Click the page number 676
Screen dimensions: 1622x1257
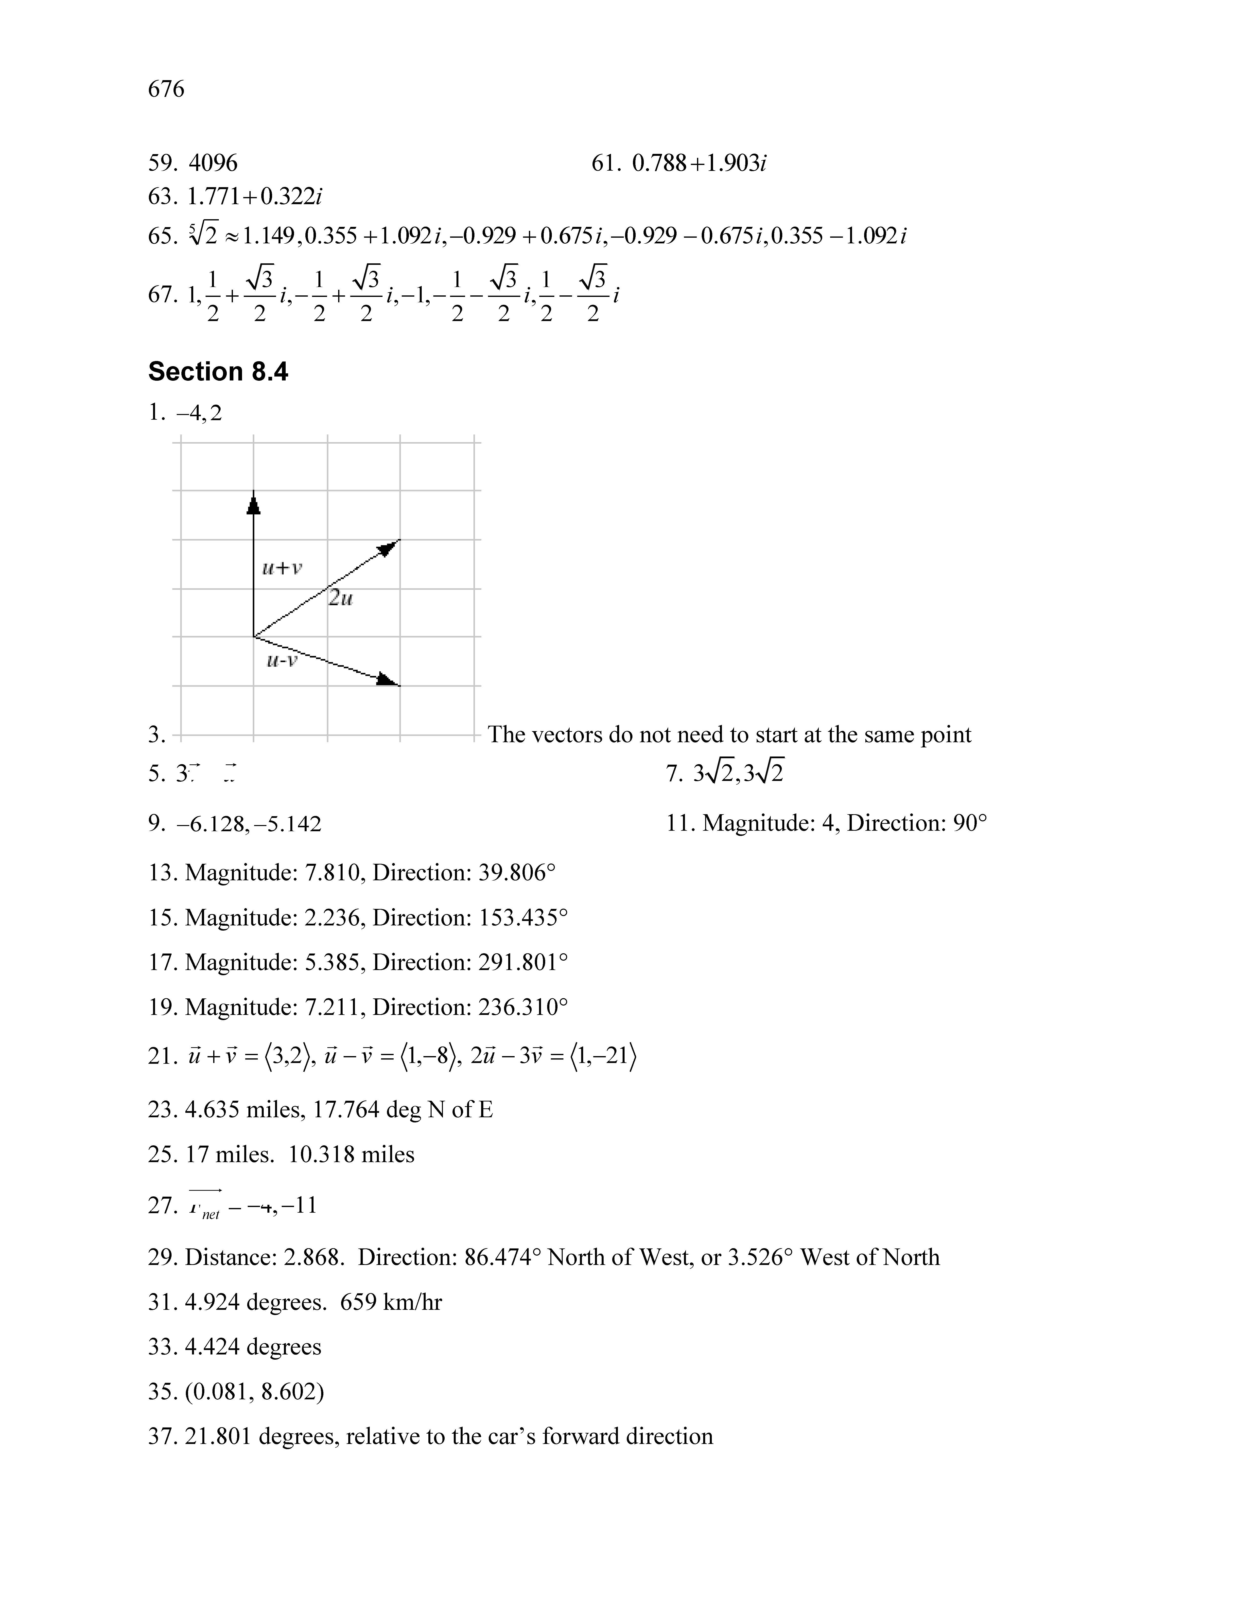(166, 89)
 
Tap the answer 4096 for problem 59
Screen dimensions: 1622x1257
(213, 163)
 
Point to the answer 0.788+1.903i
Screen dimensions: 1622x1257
(699, 163)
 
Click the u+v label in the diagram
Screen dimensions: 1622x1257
(282, 568)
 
